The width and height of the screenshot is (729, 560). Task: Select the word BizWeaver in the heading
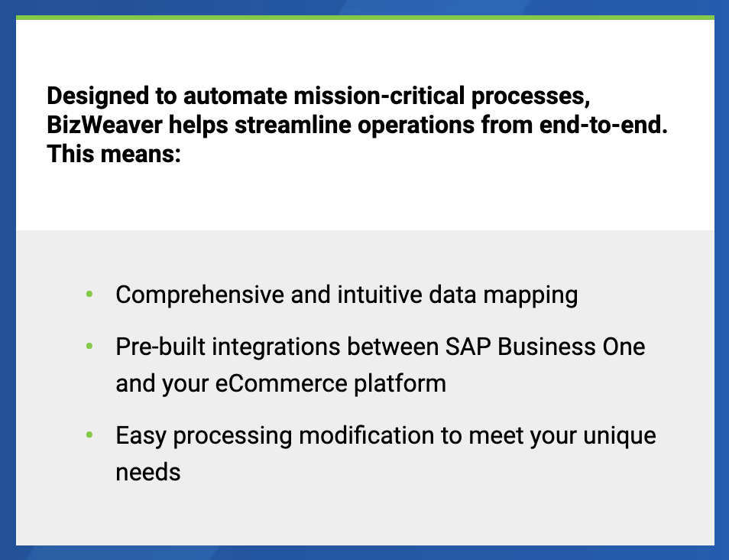(x=105, y=125)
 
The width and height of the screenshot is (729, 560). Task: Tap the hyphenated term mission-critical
(x=379, y=96)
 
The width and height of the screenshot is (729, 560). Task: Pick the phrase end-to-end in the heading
(x=604, y=125)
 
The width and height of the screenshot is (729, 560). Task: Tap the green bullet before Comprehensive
(x=89, y=295)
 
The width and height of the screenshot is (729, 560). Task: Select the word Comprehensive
(x=200, y=295)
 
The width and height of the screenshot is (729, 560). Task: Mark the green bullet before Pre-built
(x=89, y=347)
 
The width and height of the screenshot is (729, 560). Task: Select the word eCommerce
(x=281, y=384)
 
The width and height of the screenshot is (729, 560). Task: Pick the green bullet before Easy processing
(x=89, y=435)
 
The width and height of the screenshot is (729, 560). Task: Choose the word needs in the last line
(x=147, y=473)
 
